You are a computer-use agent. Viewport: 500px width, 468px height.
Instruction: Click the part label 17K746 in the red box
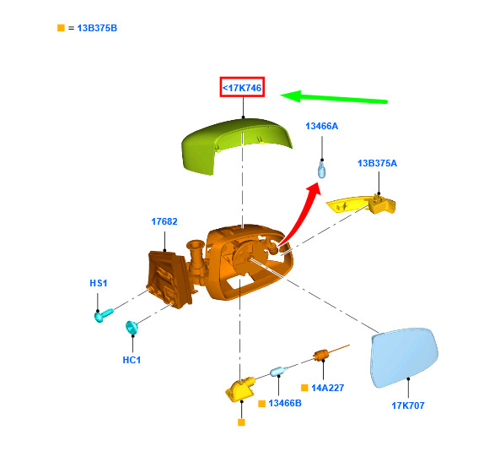242,88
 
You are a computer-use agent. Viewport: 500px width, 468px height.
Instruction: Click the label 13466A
322,126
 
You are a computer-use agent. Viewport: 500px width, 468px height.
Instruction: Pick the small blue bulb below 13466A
322,169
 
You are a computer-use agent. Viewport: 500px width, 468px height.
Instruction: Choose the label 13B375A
377,163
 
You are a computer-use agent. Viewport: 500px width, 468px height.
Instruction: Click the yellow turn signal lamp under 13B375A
361,204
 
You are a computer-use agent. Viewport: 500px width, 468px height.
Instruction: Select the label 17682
164,221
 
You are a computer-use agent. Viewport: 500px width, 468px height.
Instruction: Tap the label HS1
99,283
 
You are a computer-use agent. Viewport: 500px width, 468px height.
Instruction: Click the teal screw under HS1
104,315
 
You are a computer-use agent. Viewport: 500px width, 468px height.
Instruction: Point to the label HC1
132,360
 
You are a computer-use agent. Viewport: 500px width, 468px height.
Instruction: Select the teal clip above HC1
132,327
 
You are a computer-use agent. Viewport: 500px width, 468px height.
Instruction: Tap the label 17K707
408,405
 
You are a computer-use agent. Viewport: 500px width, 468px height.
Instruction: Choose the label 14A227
327,388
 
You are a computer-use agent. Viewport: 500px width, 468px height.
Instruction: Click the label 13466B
285,403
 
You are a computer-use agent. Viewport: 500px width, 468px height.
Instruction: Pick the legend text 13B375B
97,28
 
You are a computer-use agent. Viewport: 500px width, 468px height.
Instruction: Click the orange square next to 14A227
304,388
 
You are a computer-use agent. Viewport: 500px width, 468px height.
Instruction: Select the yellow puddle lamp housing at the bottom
239,389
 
